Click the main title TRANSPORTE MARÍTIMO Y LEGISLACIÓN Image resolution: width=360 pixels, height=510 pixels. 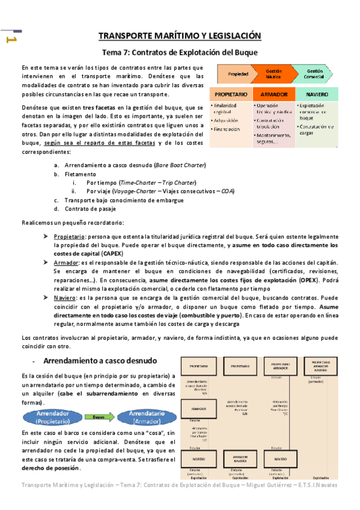[180, 35]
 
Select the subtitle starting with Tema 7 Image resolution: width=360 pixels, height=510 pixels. [180, 52]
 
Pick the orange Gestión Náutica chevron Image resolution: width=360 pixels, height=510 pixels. [274, 74]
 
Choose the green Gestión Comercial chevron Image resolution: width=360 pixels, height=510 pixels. [315, 74]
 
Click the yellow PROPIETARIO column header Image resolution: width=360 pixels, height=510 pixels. [230, 95]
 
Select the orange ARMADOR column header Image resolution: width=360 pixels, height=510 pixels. [274, 95]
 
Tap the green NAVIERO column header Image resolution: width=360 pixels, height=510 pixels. [317, 95]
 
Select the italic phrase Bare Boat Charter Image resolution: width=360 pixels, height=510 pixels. [179, 165]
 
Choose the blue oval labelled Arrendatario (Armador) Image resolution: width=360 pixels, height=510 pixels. [142, 417]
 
